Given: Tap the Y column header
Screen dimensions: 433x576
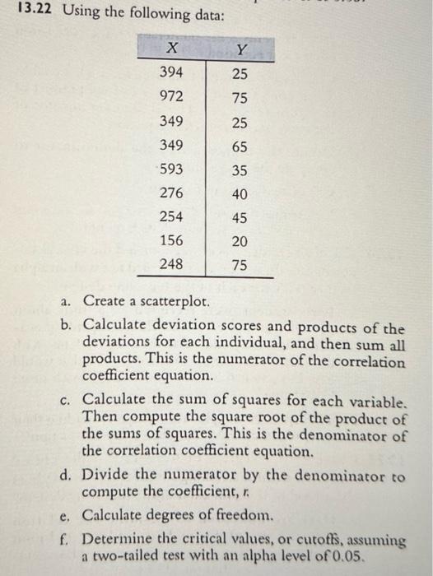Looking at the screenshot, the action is coord(240,49).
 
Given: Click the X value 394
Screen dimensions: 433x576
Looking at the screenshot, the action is coord(170,72).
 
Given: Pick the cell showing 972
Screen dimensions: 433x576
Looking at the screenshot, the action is coord(170,97).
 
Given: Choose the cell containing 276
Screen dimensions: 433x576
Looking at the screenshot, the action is coord(170,195).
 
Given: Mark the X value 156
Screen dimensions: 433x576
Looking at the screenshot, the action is coord(170,242).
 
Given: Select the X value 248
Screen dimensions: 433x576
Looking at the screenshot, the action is coord(170,265).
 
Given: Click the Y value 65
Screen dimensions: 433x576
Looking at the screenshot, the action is coord(240,146).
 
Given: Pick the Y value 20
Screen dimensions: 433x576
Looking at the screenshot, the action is coord(240,242).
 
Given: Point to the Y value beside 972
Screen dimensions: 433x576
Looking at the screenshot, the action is coord(240,97).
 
